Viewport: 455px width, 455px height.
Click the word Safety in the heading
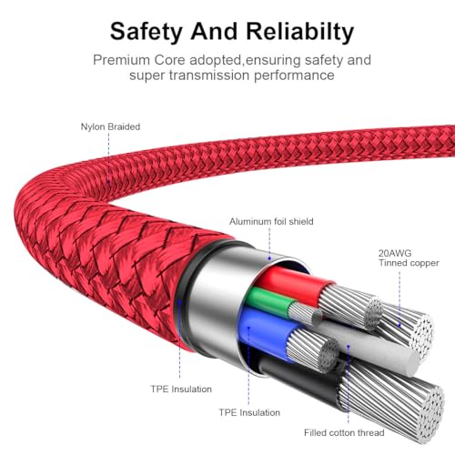[147, 32]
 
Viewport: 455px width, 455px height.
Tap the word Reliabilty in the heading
[299, 32]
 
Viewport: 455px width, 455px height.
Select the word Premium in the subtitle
[121, 60]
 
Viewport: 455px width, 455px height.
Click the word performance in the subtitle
[294, 76]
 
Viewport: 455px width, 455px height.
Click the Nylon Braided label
[110, 126]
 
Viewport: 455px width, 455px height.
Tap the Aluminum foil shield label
[271, 221]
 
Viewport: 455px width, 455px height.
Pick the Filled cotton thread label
[344, 432]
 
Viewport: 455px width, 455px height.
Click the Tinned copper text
[409, 263]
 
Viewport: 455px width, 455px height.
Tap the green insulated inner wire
[270, 298]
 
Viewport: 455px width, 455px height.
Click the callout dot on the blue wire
[248, 328]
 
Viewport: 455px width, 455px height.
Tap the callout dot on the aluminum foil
[269, 258]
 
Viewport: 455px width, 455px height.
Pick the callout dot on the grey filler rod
[349, 346]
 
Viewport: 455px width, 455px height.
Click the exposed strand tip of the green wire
[318, 316]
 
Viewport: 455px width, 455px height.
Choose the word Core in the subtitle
[169, 60]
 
